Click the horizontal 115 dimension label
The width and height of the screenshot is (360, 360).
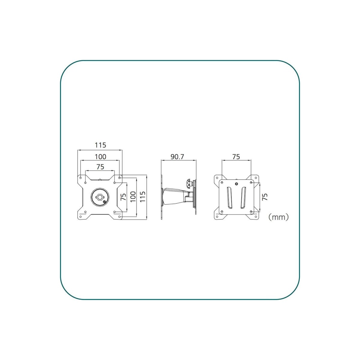point(100,145)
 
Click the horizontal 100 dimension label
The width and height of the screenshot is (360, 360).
point(100,157)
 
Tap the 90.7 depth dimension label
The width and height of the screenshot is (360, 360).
point(177,157)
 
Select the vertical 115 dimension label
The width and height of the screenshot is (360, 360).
point(143,196)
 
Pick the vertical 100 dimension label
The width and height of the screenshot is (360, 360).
point(133,196)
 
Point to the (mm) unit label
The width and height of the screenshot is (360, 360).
point(278,217)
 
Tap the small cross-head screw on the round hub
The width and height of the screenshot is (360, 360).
point(105,202)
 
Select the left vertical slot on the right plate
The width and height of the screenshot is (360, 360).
point(229,198)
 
